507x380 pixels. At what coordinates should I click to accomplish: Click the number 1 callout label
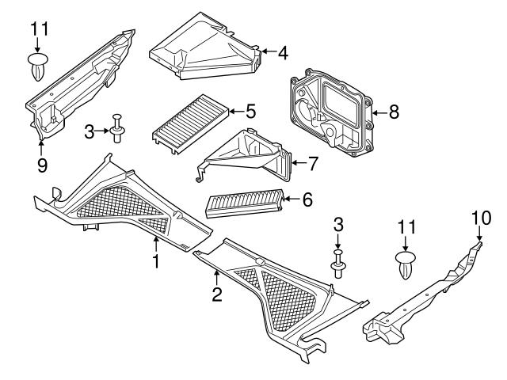[x=156, y=260]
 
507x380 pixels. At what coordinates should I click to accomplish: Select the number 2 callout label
[x=216, y=295]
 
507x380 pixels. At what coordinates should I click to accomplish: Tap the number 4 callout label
[x=283, y=53]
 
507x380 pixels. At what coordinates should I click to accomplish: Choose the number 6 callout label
[x=307, y=200]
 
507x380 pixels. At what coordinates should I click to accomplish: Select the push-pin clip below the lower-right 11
[x=406, y=264]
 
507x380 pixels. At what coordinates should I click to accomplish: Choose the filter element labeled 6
[x=243, y=203]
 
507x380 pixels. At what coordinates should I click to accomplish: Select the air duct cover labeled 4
[x=206, y=48]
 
